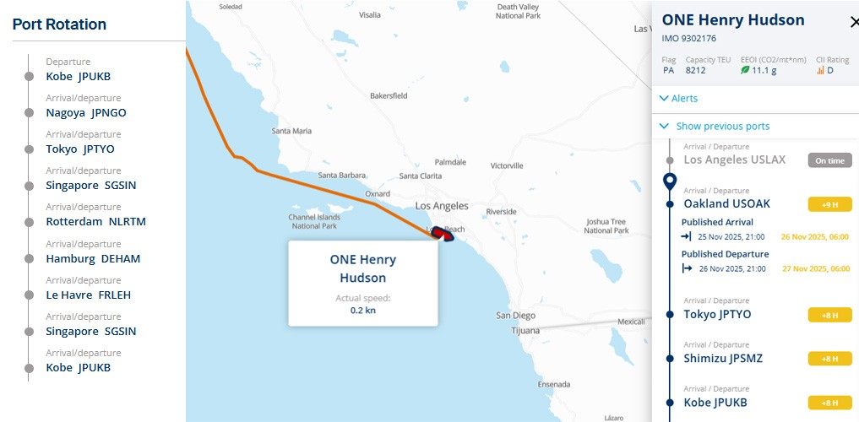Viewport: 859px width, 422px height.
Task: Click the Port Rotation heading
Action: point(59,24)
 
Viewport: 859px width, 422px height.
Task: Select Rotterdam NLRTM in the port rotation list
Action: point(95,222)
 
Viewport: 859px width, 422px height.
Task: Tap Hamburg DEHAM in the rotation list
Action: point(93,258)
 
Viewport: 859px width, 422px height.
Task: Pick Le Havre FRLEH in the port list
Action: point(88,295)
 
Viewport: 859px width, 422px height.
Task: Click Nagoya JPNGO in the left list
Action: point(85,112)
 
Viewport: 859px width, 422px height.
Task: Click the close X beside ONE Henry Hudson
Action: point(853,22)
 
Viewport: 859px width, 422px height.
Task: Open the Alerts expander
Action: point(683,99)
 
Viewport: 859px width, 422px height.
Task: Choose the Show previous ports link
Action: point(722,127)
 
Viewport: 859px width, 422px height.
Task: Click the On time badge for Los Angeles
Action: point(829,160)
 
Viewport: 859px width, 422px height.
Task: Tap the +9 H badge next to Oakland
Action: point(829,204)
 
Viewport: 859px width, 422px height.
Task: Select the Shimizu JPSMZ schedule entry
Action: point(722,358)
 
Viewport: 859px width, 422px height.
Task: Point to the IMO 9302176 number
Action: point(688,39)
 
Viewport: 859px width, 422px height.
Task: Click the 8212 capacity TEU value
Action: point(695,71)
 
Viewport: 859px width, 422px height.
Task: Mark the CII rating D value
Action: point(829,71)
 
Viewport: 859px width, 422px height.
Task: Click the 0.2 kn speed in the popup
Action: point(362,311)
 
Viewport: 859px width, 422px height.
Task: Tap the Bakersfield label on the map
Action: point(389,96)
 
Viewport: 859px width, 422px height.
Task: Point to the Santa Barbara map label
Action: point(340,176)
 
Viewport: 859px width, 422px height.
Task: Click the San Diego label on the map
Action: point(515,316)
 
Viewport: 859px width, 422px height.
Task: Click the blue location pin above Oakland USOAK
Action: point(670,180)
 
